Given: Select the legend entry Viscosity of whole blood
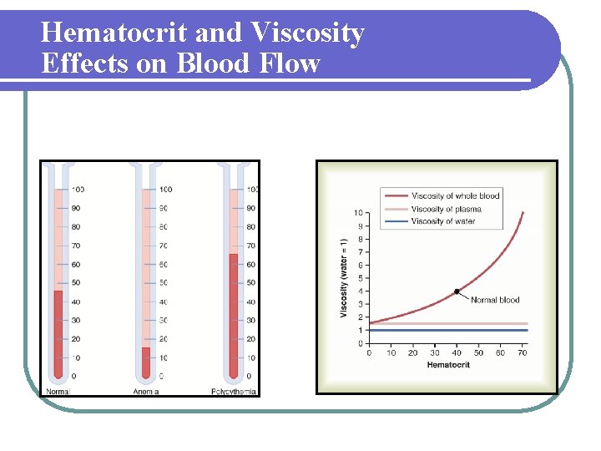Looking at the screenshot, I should pos(455,195).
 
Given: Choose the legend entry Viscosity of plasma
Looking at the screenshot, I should pos(446,209).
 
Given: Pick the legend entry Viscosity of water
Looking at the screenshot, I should pos(443,221).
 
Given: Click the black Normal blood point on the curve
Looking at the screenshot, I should pos(457,291).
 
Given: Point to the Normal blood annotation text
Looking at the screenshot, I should pos(495,300).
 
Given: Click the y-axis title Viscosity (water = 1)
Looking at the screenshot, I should pos(343,277).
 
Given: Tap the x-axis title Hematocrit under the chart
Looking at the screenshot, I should pos(448,365).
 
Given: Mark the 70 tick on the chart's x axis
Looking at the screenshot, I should pos(523,353).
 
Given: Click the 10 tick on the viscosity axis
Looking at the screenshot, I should pos(358,213).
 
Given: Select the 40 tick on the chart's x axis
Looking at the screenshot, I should pos(457,353).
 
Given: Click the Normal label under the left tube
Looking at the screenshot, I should pos(58,391).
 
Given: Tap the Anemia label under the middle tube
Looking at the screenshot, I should pos(145,391).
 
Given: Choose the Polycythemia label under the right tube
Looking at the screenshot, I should pos(235,391).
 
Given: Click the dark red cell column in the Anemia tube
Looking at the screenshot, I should pos(146,362).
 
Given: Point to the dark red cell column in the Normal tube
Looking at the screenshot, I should pos(58,334).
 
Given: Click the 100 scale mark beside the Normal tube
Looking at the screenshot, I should pos(77,190).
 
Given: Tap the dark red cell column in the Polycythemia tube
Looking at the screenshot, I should pos(234,317).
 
